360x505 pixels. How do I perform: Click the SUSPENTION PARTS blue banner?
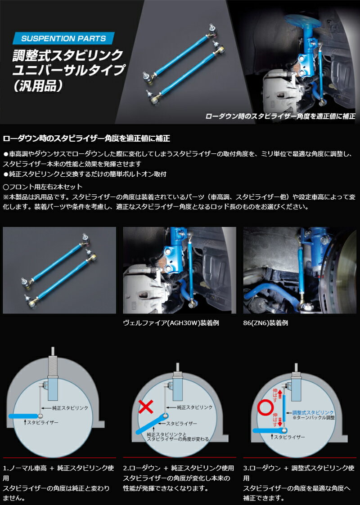tap(63, 38)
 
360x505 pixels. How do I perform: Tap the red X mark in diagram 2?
tap(145, 407)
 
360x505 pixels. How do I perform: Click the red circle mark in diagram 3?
tap(265, 407)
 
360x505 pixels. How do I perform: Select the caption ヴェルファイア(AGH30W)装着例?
tap(171, 323)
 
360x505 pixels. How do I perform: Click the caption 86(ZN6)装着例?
tap(265, 323)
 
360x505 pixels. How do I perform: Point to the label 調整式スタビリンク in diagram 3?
tap(313, 412)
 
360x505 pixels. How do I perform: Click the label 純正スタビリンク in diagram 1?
tap(70, 408)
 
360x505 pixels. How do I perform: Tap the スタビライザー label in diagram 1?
tap(43, 422)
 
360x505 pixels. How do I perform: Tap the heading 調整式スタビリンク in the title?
tap(67, 55)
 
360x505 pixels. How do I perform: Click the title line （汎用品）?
tap(37, 85)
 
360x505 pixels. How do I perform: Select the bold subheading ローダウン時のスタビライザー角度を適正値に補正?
tap(86, 139)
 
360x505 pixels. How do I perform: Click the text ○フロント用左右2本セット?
tap(43, 187)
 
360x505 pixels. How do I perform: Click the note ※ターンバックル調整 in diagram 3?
tap(314, 418)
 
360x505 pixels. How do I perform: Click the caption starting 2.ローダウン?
tap(179, 478)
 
